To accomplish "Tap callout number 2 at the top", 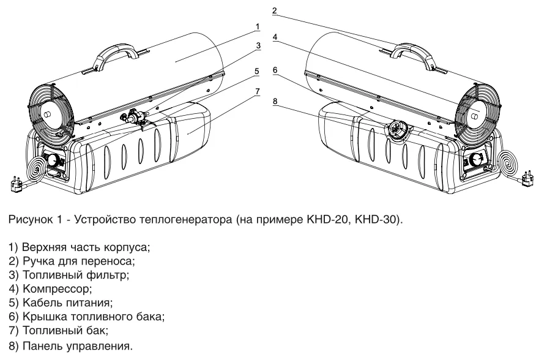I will [x=275, y=10].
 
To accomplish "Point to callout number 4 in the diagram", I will [x=276, y=37].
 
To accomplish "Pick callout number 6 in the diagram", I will [x=275, y=70].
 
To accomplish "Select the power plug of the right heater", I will [x=527, y=179].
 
